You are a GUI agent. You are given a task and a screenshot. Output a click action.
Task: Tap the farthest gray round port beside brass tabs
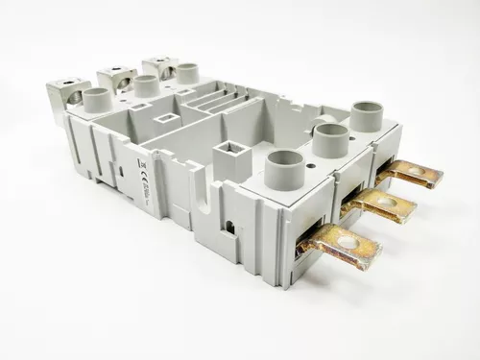tap(366, 115)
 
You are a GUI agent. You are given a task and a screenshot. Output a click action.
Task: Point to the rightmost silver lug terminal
tap(157, 63)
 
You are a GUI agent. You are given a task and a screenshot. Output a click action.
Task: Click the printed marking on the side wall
tap(143, 172)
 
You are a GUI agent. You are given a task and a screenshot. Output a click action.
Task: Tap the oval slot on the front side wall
tap(122, 173)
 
